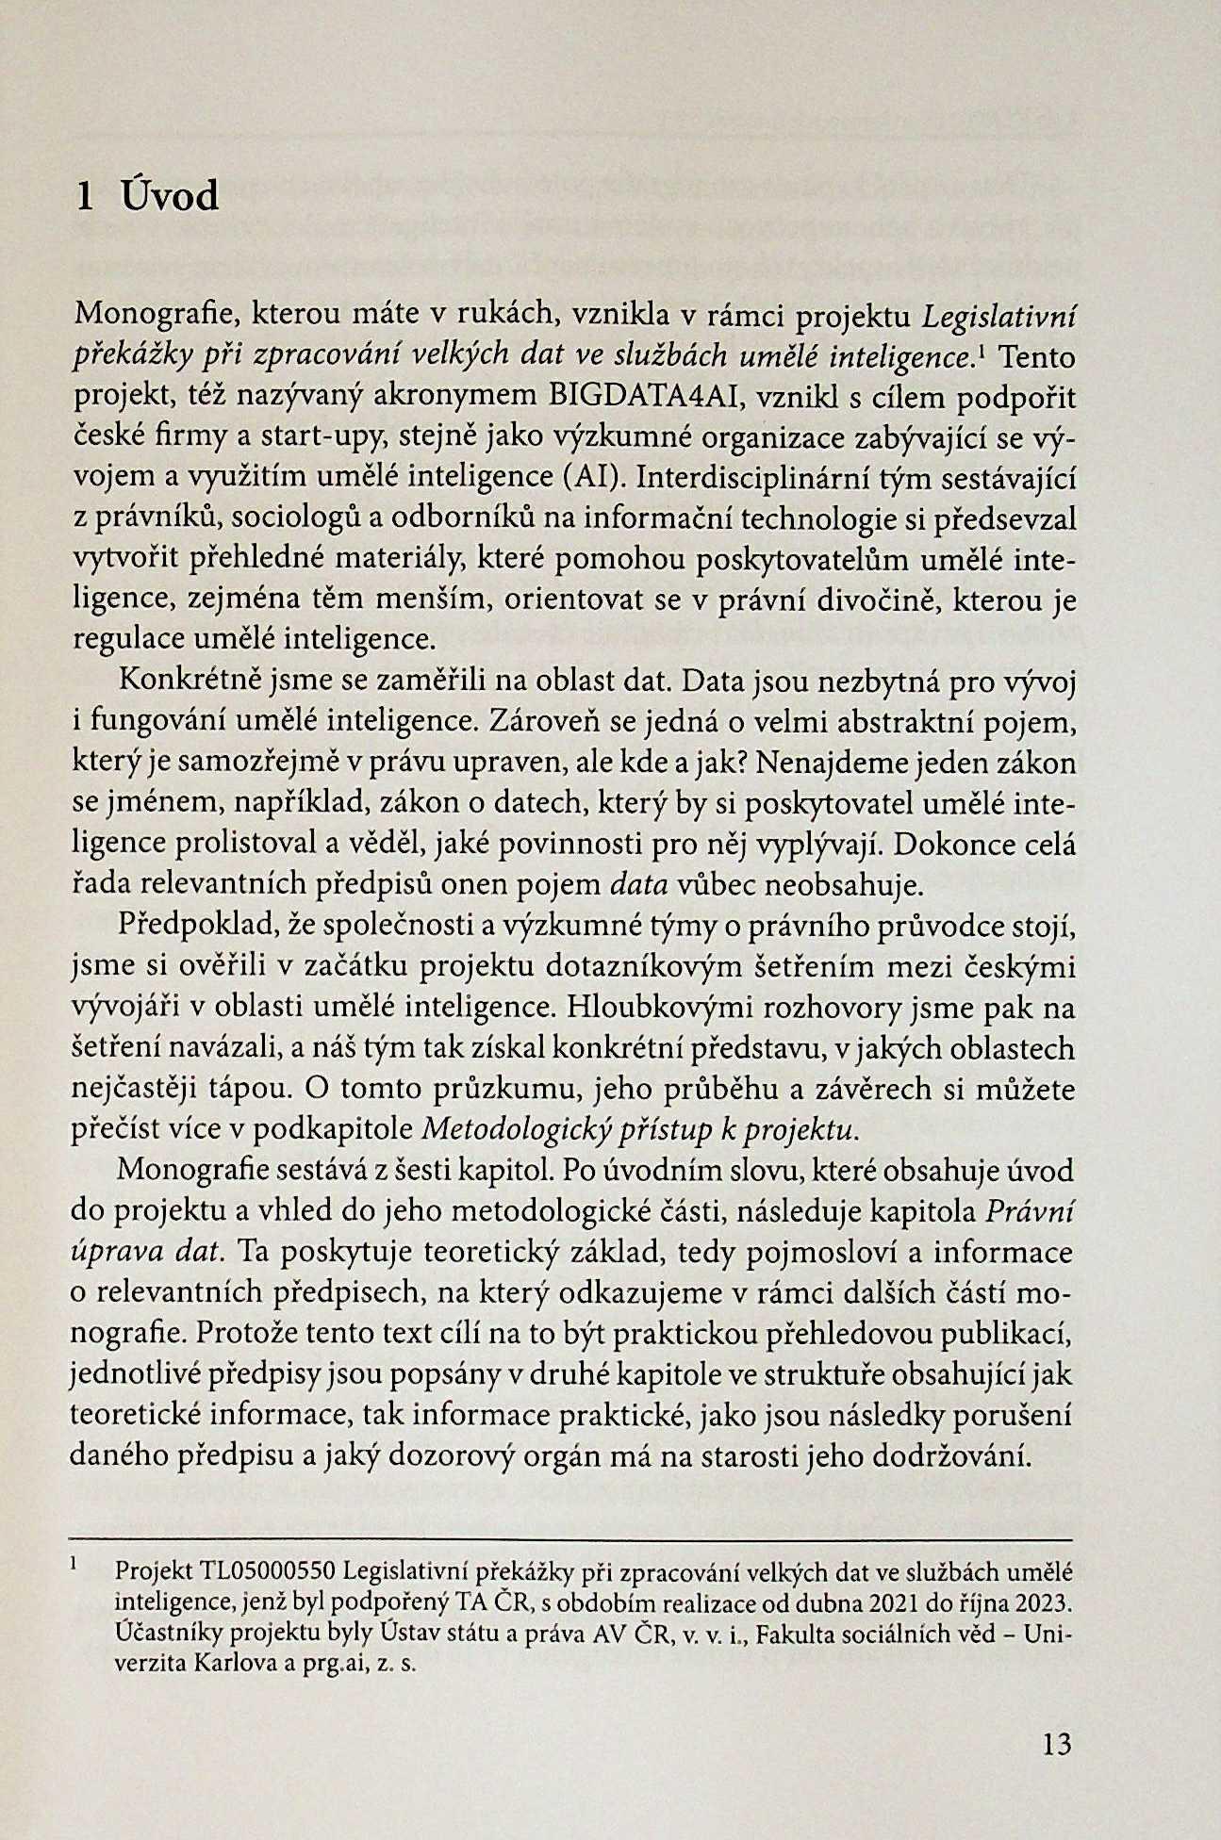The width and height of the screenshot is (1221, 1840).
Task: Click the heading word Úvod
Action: (171, 196)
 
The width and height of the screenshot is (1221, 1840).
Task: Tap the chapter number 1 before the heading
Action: (85, 197)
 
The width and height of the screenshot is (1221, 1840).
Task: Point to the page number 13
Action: (1058, 1745)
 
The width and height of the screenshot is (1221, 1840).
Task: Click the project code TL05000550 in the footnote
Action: (268, 1571)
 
